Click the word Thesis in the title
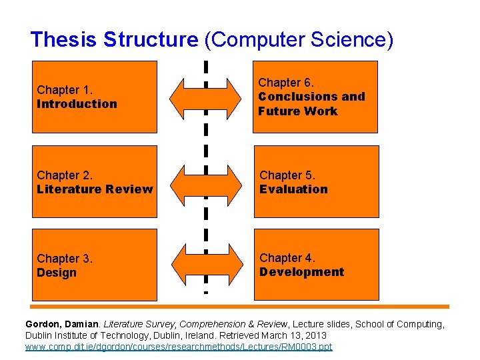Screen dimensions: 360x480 pos(64,40)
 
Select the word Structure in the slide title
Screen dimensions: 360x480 pos(151,40)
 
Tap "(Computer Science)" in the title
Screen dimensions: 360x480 pos(299,40)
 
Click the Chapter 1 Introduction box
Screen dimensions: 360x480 pos(95,97)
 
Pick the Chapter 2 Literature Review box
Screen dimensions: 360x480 pos(95,182)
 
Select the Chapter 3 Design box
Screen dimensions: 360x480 pos(95,265)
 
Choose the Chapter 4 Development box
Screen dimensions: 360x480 pos(315,265)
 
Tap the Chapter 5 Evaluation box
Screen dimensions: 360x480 pos(315,182)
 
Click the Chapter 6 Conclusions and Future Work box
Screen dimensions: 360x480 pos(315,97)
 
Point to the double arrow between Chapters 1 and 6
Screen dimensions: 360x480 pos(206,97)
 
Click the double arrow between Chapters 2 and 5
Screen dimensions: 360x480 pos(206,182)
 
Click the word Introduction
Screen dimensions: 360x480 pos(77,104)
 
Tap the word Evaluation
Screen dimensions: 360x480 pos(293,189)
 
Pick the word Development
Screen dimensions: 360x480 pos(301,272)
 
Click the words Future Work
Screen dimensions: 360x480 pos(297,111)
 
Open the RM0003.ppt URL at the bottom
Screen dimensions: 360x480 pos(178,347)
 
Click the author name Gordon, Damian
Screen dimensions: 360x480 pos(63,324)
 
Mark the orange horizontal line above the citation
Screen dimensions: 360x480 pos(240,307)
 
